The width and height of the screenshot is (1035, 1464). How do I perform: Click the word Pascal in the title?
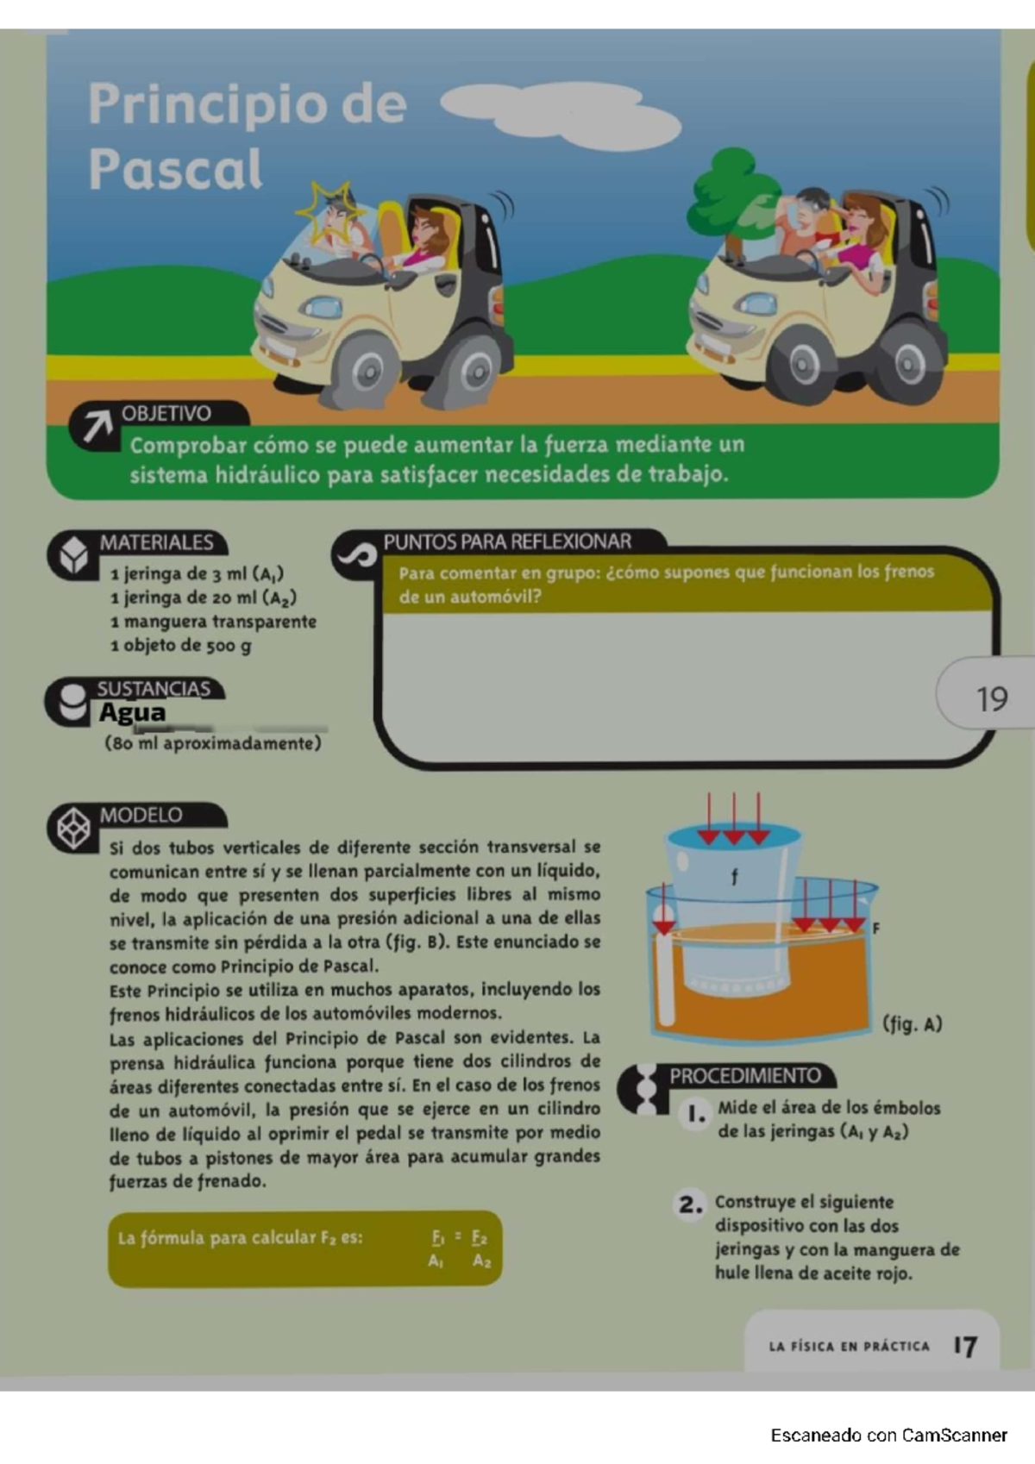pos(175,169)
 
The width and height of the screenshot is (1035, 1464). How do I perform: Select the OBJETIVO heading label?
pos(166,413)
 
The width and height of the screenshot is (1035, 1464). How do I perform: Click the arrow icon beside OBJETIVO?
pos(96,426)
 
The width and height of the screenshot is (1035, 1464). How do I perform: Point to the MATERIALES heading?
pos(156,542)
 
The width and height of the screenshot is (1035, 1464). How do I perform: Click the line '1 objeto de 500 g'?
pos(181,646)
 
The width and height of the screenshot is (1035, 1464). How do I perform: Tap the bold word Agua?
pos(132,712)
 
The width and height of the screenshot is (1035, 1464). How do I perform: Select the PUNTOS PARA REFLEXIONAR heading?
pos(507,541)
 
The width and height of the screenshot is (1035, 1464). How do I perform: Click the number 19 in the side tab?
pos(992,698)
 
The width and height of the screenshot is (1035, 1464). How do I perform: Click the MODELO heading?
pos(141,815)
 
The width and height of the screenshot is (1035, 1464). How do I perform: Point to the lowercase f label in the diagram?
pos(735,877)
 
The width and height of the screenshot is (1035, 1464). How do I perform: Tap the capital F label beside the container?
pos(876,928)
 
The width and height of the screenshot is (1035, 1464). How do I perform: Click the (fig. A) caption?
pos(913,1024)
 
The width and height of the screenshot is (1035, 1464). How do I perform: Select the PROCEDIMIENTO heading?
pos(745,1075)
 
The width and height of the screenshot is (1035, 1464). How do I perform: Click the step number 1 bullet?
pos(696,1114)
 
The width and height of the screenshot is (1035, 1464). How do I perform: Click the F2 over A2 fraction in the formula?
pos(480,1249)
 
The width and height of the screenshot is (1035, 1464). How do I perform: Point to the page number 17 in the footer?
pos(965,1346)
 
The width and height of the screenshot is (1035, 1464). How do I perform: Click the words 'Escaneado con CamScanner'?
pos(889,1436)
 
